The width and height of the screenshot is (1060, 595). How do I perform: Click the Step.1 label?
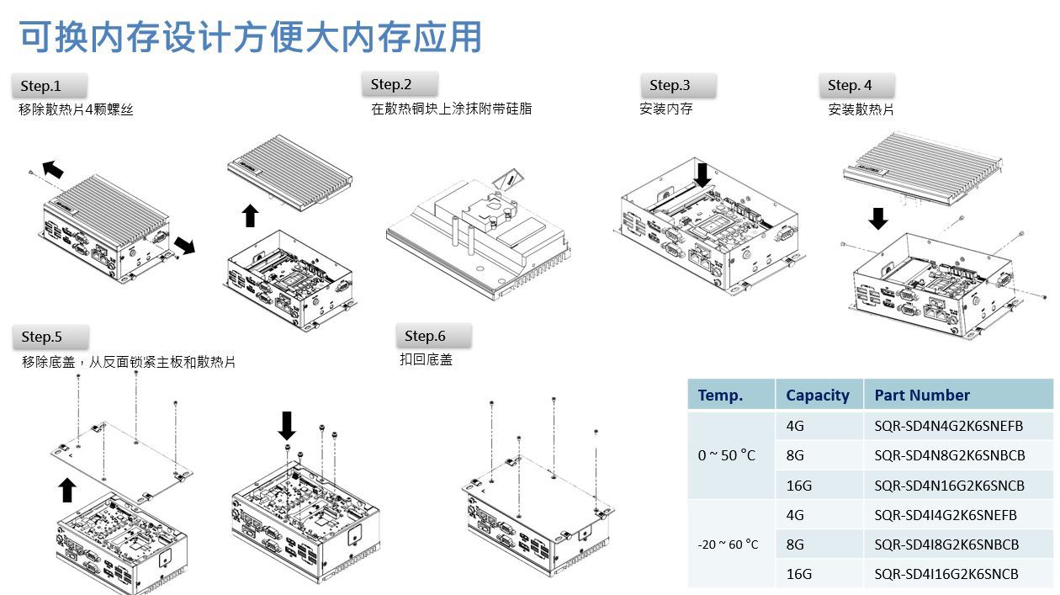point(40,86)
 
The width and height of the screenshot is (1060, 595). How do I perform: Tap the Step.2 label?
point(391,84)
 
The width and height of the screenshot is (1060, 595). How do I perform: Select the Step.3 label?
point(670,85)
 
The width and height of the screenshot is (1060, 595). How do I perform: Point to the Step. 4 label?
point(850,85)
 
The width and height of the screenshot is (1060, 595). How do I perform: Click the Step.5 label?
point(42,337)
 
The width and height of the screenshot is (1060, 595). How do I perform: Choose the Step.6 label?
point(425,336)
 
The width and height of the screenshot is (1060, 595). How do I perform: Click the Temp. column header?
point(720,395)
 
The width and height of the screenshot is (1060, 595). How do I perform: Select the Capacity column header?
point(817,395)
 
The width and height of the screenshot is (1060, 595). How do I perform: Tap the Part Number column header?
point(922,395)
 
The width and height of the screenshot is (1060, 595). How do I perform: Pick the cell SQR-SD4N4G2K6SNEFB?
point(948,426)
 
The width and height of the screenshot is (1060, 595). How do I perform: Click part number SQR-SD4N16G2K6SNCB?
point(949,486)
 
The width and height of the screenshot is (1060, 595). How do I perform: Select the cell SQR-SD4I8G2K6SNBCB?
point(946,545)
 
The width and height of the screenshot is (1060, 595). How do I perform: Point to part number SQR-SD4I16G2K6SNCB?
point(946,574)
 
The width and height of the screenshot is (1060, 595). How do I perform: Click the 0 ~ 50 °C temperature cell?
point(726,455)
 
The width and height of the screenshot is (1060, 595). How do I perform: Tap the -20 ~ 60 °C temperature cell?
point(728,545)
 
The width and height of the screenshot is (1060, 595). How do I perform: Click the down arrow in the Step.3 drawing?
point(702,176)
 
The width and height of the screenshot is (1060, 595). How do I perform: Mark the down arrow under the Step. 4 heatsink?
point(878,219)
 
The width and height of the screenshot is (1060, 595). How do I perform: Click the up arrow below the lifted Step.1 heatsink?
point(251,215)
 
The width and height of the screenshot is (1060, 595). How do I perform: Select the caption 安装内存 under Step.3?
point(665,109)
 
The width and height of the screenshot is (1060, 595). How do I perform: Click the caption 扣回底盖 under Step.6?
point(426,359)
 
